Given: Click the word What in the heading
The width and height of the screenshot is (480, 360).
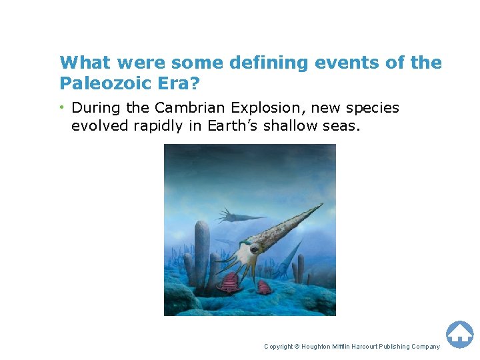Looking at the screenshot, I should click(x=85, y=63).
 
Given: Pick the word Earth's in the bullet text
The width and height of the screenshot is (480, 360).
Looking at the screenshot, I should click(x=230, y=126).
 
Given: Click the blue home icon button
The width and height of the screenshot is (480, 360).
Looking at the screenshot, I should click(x=459, y=333).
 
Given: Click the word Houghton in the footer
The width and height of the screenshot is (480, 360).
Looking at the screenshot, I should click(x=323, y=347).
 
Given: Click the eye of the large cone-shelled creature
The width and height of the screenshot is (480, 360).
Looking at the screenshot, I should click(x=252, y=251).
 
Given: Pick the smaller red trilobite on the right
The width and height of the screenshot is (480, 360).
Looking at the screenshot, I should click(x=265, y=287).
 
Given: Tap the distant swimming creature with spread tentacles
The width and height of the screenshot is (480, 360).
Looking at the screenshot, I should click(x=230, y=215).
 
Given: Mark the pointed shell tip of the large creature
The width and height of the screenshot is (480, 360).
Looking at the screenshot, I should click(x=321, y=205).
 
